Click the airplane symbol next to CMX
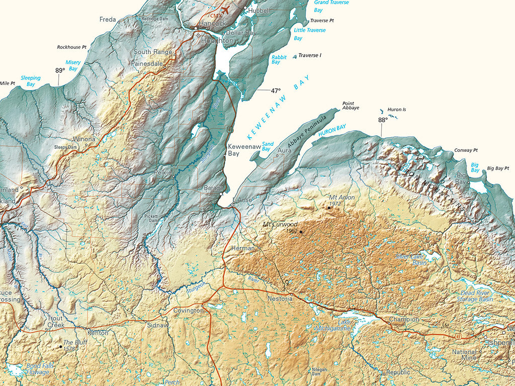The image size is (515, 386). (x=224, y=10)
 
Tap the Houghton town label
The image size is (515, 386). (x=217, y=41)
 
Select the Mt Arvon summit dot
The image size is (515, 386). (x=329, y=207)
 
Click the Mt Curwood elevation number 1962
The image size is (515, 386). (x=292, y=231)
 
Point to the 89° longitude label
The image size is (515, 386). (x=60, y=70)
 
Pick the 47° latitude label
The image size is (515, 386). (x=275, y=91)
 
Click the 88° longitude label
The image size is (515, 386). (x=383, y=120)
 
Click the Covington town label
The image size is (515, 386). (x=189, y=311)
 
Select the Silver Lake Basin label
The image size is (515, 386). (x=411, y=259)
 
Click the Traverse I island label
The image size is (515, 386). (x=309, y=55)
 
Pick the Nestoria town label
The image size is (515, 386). (x=280, y=299)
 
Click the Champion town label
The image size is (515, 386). (x=404, y=319)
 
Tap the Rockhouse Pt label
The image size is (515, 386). (x=71, y=47)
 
